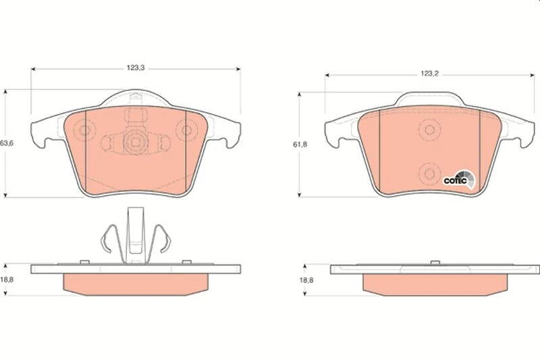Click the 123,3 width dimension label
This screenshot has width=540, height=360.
136,68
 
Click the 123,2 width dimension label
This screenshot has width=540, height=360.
429,74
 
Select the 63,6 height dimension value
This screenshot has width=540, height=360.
7,143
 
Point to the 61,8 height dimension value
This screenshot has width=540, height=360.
300,145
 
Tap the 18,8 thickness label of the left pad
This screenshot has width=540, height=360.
7,280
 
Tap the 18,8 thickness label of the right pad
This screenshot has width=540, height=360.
306,280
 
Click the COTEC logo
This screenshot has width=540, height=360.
459,179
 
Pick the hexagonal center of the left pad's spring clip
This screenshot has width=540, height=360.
136,142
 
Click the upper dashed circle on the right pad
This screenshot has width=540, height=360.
429,130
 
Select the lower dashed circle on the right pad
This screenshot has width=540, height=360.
429,174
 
